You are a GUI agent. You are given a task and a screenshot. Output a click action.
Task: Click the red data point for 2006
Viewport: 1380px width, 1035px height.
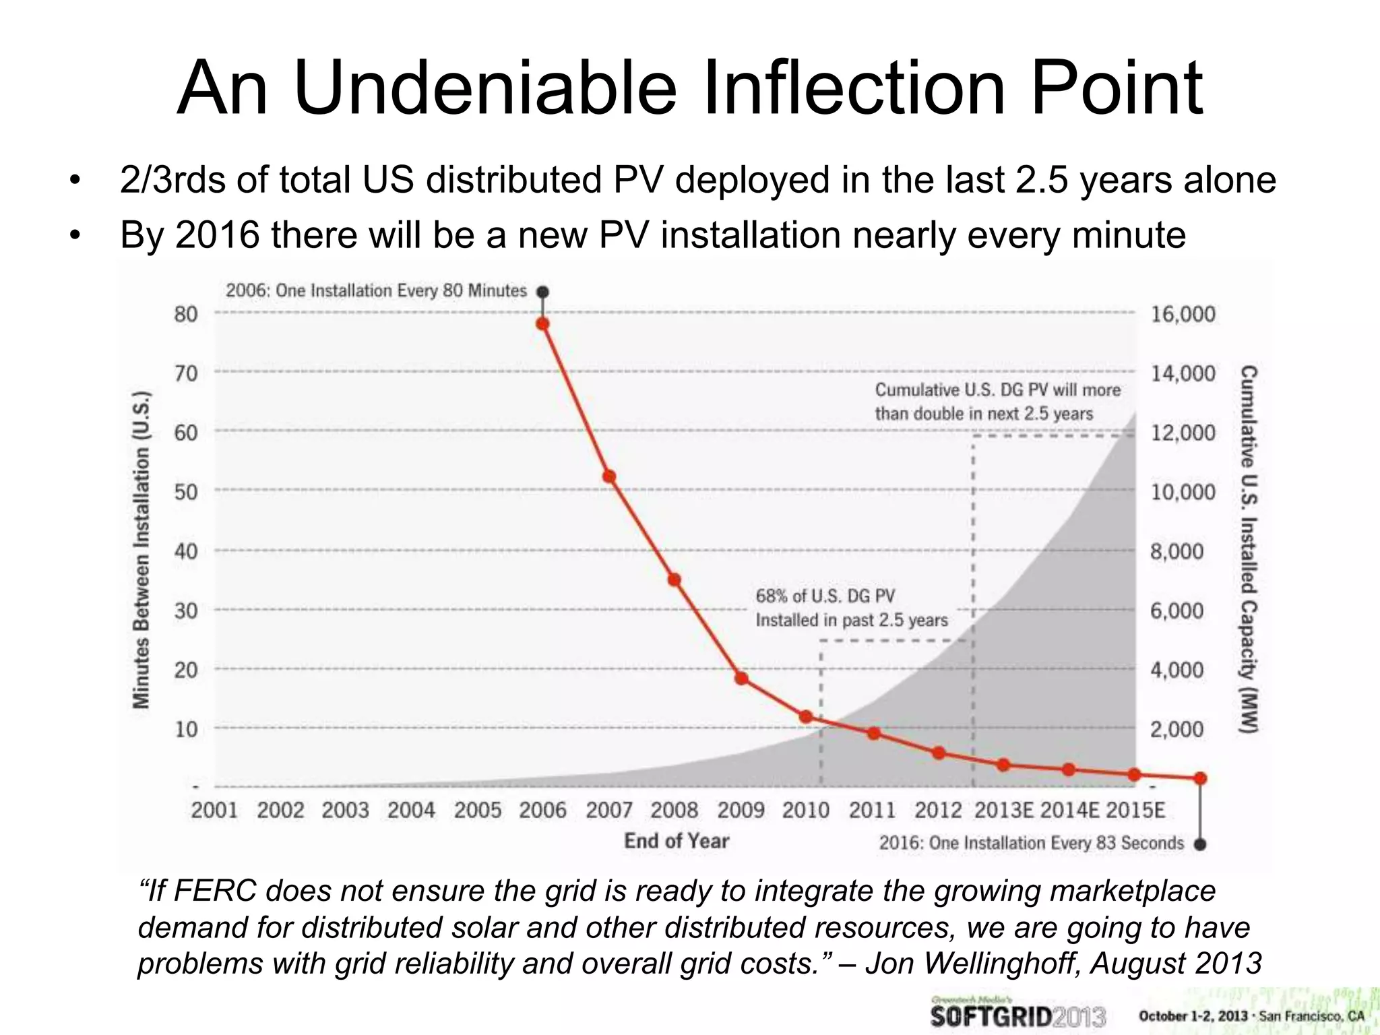point(542,323)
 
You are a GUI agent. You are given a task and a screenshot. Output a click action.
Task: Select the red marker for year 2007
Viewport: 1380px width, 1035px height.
point(608,476)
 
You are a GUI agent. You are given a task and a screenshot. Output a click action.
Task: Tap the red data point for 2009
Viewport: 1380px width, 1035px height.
point(741,678)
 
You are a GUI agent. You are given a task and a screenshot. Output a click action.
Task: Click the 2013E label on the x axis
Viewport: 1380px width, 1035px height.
point(1003,809)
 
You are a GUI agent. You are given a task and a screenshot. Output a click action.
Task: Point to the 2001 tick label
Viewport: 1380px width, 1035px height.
point(214,809)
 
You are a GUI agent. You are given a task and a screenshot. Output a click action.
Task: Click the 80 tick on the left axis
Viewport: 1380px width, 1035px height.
point(186,314)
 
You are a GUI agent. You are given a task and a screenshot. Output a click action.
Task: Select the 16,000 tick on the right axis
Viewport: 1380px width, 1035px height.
point(1183,314)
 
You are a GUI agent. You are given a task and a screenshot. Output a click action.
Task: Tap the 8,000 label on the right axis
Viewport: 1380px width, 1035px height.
point(1177,551)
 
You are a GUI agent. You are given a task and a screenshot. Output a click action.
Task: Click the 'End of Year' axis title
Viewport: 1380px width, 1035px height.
point(676,841)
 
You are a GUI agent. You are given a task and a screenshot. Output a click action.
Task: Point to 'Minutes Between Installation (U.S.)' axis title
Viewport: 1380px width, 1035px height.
point(141,549)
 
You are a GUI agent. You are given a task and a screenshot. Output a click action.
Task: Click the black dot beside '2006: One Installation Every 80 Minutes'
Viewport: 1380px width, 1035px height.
point(542,292)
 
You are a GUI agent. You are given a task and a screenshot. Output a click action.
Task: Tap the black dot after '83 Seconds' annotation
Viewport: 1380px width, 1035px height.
point(1200,844)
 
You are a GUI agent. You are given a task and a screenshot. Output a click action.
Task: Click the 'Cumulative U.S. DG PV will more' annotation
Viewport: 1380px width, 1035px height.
point(997,389)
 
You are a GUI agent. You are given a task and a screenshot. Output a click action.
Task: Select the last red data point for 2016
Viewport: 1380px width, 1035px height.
point(1200,778)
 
